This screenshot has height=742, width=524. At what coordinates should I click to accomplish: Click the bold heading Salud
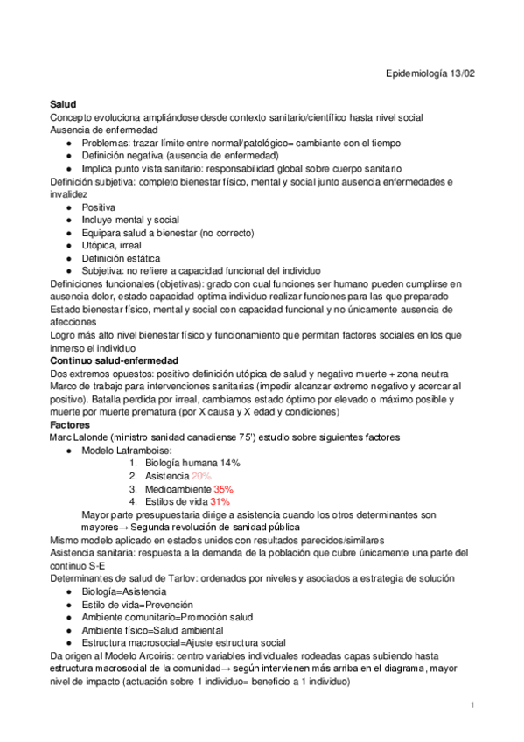tap(63, 104)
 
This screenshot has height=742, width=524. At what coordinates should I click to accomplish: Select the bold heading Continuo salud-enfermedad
tap(114, 360)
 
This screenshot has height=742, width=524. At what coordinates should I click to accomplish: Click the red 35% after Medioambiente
tap(223, 489)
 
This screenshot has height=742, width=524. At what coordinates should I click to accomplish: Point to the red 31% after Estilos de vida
tap(219, 502)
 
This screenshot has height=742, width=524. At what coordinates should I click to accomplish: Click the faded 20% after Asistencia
tap(201, 476)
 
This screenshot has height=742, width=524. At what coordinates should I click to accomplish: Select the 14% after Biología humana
tap(230, 463)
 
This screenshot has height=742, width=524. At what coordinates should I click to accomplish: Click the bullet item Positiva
tap(99, 207)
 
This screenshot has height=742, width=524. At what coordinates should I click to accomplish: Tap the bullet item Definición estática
tap(121, 259)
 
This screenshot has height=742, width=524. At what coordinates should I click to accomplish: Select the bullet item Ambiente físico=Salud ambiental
tap(153, 630)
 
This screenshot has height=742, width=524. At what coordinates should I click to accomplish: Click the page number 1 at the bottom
tap(472, 705)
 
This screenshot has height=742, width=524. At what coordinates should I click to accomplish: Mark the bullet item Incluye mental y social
tap(130, 220)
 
